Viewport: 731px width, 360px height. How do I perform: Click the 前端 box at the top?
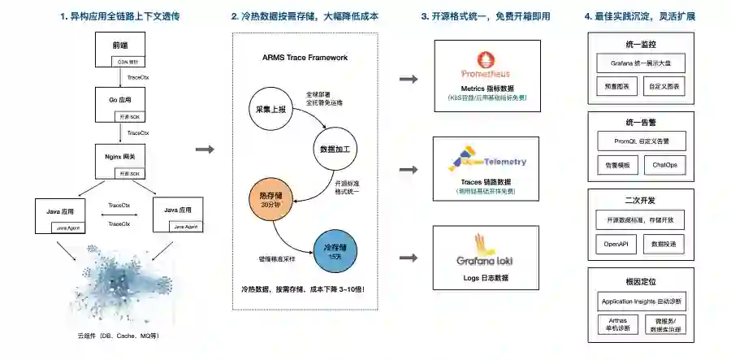[x=120, y=51]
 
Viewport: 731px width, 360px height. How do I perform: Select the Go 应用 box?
[x=120, y=105]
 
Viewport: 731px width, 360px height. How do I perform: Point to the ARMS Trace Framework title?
[x=305, y=58]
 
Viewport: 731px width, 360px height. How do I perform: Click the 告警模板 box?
[x=615, y=164]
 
